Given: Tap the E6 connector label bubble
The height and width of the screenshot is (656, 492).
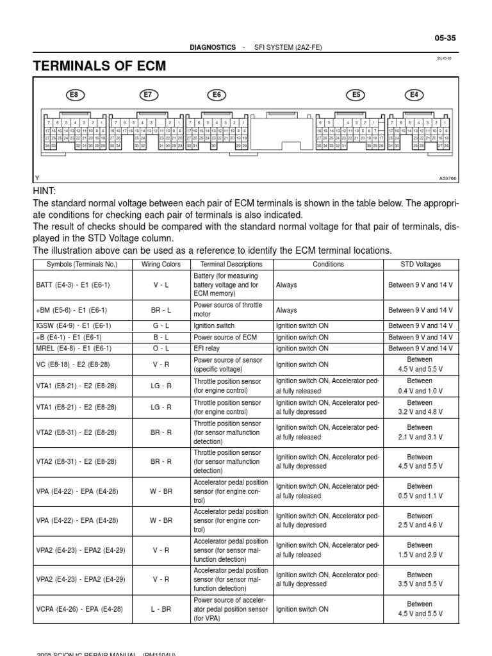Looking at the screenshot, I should [217, 95].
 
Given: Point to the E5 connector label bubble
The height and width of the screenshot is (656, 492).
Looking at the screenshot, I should [357, 95].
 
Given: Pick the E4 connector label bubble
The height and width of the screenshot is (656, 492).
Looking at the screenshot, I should [414, 95].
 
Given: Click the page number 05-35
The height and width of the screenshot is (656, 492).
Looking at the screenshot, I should [445, 38].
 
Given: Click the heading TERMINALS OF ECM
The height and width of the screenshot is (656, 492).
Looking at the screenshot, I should [99, 66].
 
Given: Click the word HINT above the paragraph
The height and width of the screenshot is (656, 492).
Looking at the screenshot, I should [44, 192].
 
